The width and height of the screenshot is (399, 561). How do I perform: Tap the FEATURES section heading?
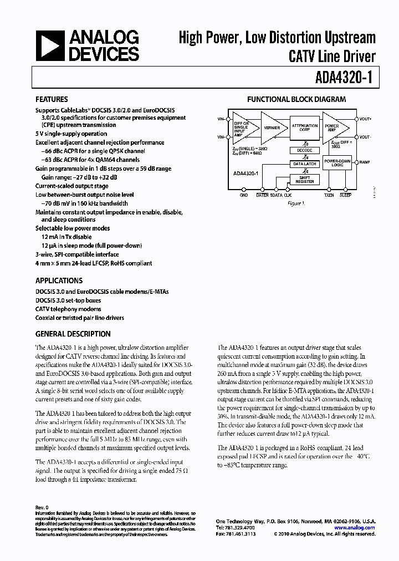[52, 100]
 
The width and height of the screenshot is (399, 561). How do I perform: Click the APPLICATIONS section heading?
[59, 280]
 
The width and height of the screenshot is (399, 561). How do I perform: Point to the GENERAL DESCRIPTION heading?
[73, 334]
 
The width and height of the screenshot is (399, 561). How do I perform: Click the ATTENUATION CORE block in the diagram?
[304, 127]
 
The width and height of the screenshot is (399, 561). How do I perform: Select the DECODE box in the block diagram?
[304, 150]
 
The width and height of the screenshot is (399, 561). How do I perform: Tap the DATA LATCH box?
[304, 164]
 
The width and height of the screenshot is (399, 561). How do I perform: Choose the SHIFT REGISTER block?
[304, 178]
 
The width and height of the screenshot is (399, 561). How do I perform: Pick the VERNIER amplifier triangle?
[272, 127]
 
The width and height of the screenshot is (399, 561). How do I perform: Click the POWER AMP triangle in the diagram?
[334, 127]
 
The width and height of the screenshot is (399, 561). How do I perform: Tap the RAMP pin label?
[365, 162]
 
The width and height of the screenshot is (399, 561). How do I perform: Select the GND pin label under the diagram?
[244, 195]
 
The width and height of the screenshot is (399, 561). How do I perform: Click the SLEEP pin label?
[345, 195]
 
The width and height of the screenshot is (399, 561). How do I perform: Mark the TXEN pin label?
[329, 195]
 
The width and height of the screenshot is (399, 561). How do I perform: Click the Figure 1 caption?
[297, 203]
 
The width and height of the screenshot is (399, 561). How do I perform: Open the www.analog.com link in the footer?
[355, 528]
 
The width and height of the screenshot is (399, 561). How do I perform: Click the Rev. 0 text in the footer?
[43, 507]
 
